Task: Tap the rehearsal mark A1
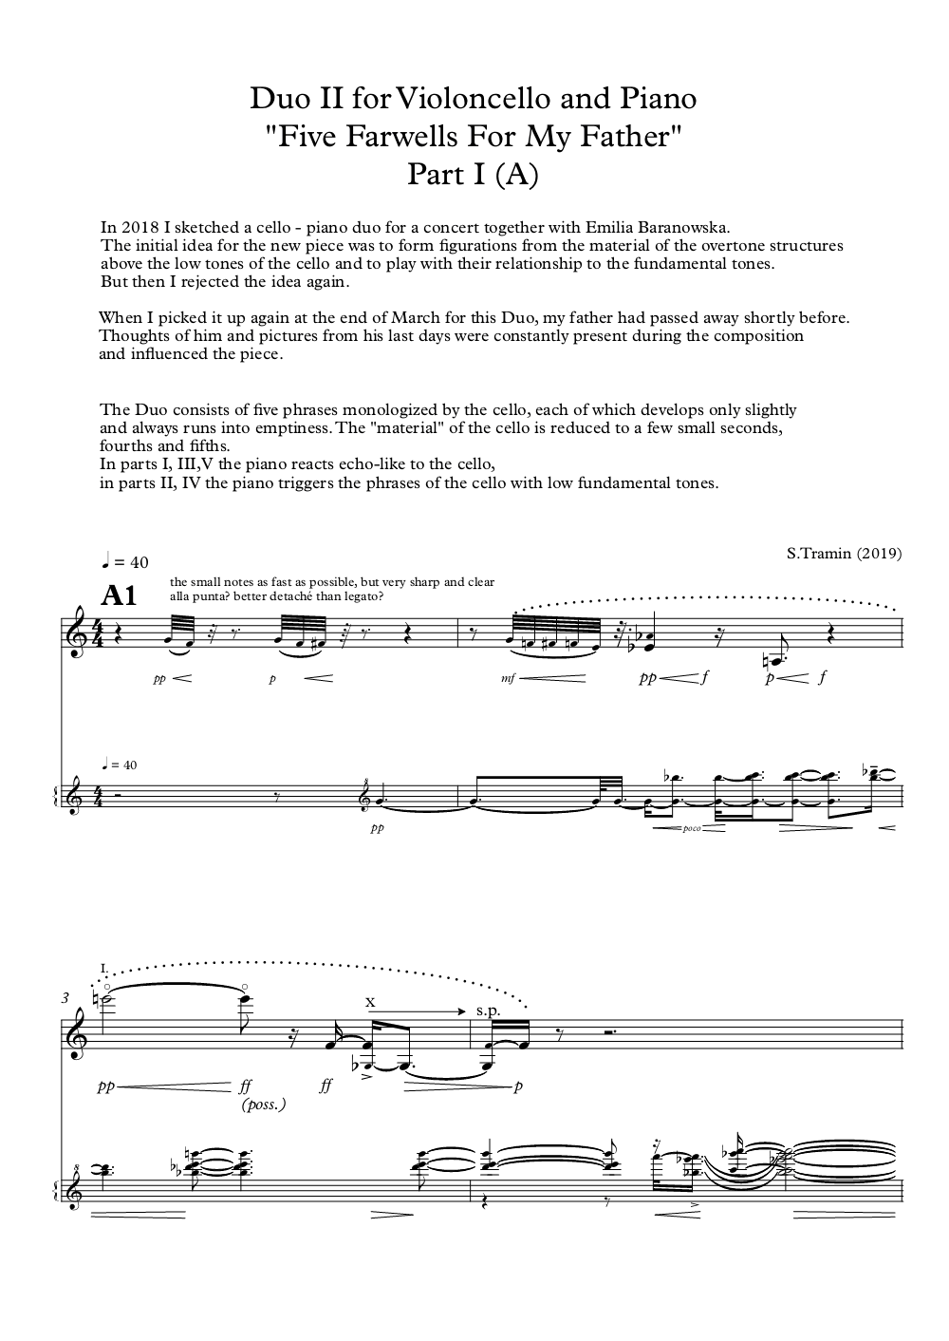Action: point(120,595)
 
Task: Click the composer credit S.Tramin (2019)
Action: point(844,553)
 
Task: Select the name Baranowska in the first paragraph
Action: point(682,227)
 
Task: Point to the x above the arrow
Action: point(371,1001)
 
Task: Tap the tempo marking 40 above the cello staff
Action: point(140,562)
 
